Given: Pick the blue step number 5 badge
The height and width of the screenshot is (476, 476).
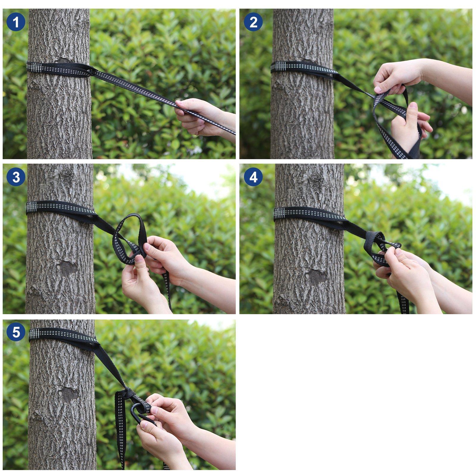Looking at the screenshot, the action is tap(16, 332).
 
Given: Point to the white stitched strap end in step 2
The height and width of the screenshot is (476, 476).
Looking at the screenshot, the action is tap(278, 67).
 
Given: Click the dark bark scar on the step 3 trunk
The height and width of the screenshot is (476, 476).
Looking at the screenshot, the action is tap(68, 268).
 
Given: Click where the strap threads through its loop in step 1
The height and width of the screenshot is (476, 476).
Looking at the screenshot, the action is tap(90, 71).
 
